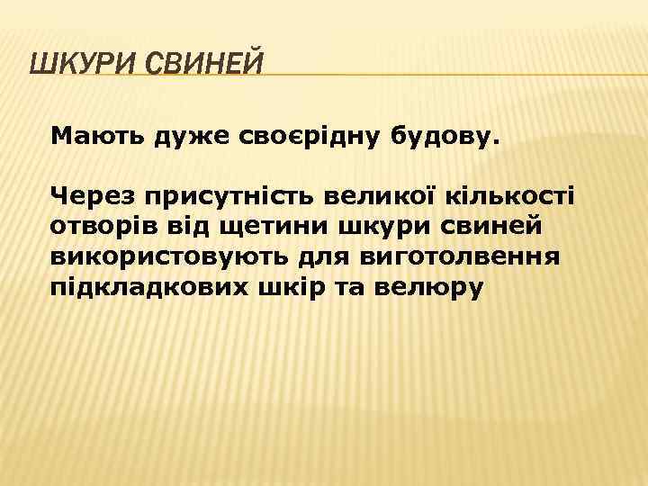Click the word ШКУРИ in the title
[x=82, y=66]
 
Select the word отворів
[x=105, y=225]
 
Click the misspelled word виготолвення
[x=462, y=256]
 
